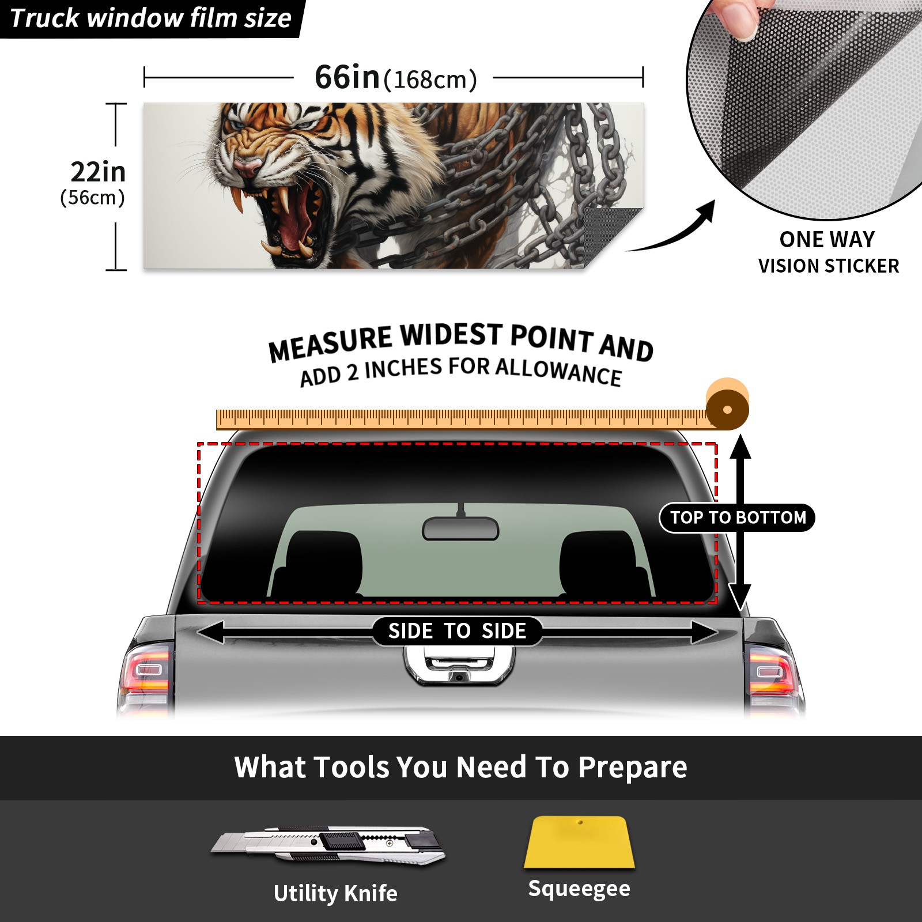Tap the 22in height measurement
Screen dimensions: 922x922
(x=98, y=172)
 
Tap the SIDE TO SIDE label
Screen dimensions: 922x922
(x=458, y=631)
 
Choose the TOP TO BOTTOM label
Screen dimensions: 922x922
(x=738, y=517)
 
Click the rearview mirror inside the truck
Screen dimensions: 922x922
(x=460, y=528)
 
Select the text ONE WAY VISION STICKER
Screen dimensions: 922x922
(x=828, y=252)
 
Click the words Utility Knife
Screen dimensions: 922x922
(x=335, y=893)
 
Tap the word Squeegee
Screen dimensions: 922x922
(x=579, y=889)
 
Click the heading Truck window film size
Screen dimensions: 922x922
(x=151, y=18)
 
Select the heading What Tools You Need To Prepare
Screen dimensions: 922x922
(x=460, y=767)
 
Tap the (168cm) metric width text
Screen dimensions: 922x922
(x=430, y=80)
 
